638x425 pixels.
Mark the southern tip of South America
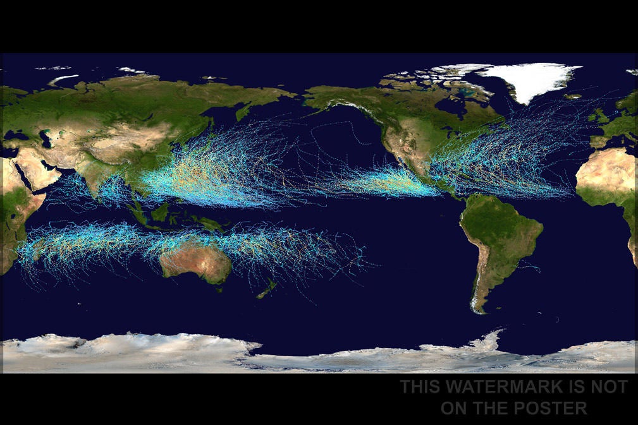[479, 310]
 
